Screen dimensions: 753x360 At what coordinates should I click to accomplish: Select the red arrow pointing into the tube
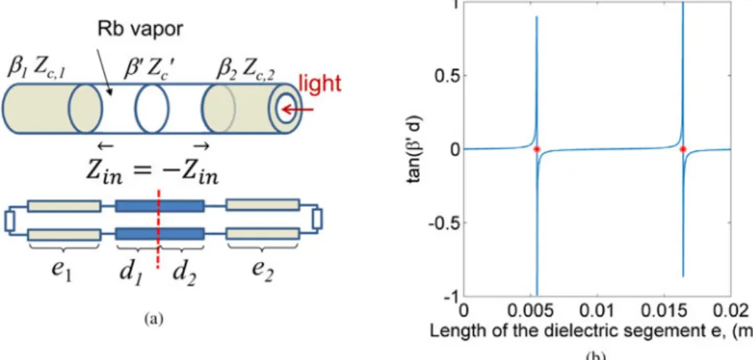click(x=297, y=110)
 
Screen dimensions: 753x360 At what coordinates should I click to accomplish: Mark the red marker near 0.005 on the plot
click(x=537, y=150)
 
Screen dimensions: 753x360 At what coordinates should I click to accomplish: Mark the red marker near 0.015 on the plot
click(x=683, y=150)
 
